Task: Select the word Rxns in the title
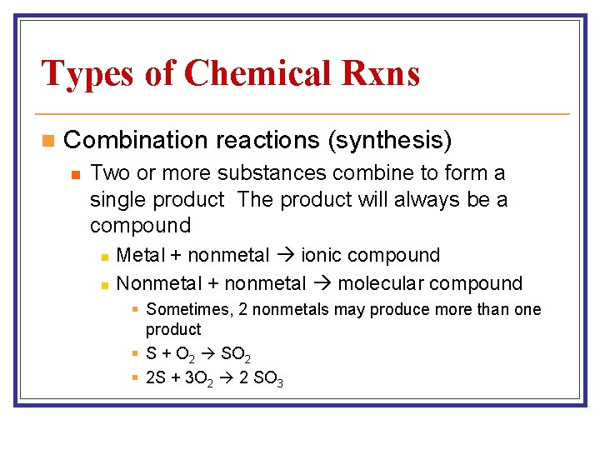tap(379, 72)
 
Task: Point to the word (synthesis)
tap(390, 141)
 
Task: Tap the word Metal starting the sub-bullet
tap(141, 255)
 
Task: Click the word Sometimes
tap(189, 310)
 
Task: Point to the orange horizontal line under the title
tap(300, 113)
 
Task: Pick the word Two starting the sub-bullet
tap(107, 174)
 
